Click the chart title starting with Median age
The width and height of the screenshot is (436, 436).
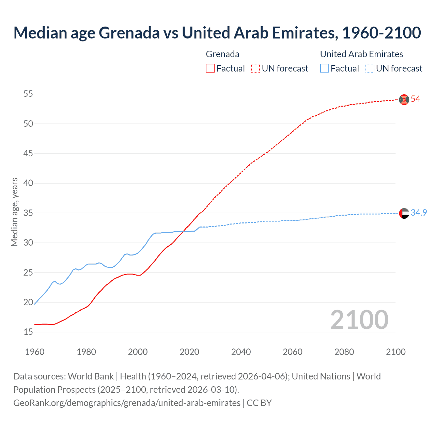click(217, 33)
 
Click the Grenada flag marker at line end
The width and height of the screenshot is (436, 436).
click(404, 99)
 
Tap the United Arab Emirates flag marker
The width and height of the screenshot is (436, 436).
click(404, 213)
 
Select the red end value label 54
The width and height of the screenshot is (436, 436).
click(415, 99)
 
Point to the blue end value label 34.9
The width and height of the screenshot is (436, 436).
click(419, 213)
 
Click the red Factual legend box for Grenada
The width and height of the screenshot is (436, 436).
click(210, 68)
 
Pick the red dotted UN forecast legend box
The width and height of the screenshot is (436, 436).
click(255, 68)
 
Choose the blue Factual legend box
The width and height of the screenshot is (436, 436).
click(325, 68)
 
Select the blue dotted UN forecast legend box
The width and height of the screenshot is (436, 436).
click(370, 68)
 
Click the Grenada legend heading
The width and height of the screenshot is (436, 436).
click(222, 54)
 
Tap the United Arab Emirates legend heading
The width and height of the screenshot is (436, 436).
click(361, 54)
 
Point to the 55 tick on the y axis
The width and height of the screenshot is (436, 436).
click(28, 94)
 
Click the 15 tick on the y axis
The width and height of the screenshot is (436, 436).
click(28, 332)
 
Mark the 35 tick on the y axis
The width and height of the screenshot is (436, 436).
click(28, 213)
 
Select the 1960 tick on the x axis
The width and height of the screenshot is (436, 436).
click(35, 352)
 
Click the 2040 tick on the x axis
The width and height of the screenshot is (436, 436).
click(241, 352)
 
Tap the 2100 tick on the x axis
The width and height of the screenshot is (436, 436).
click(395, 352)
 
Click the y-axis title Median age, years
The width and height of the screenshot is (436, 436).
click(14, 212)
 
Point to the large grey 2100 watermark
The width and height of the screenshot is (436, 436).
click(359, 320)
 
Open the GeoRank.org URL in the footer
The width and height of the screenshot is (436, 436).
click(127, 403)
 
